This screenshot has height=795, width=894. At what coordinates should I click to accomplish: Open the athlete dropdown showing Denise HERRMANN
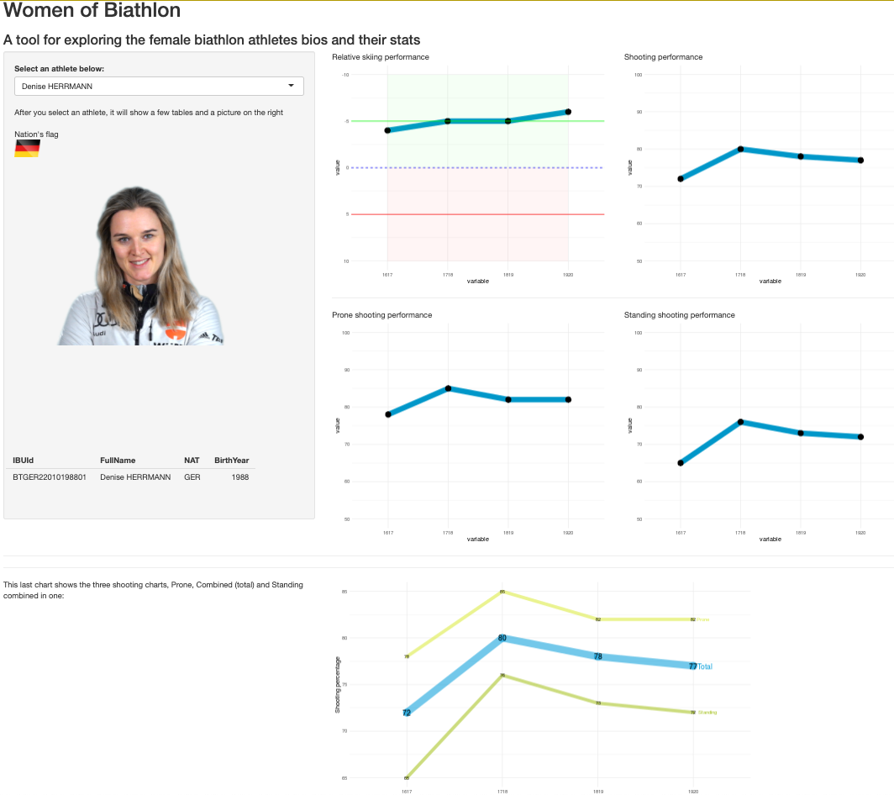(x=159, y=86)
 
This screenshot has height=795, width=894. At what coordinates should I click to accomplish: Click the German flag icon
(x=27, y=149)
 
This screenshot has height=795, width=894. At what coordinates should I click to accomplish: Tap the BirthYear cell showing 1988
(x=239, y=477)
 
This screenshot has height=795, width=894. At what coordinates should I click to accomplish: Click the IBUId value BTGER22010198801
(x=50, y=477)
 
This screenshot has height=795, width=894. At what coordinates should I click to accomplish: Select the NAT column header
(x=191, y=461)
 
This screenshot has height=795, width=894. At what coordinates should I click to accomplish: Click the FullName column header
(x=118, y=461)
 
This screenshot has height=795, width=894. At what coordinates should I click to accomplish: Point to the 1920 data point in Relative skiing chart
(x=568, y=112)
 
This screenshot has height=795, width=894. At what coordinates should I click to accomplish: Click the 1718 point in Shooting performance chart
(x=740, y=149)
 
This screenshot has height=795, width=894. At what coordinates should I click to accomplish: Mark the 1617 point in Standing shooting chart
(x=681, y=463)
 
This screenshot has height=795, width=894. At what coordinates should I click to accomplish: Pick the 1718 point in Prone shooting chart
(x=448, y=388)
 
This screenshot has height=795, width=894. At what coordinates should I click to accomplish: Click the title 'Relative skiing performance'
(x=381, y=57)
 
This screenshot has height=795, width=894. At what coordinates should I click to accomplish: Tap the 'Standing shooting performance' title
(x=679, y=315)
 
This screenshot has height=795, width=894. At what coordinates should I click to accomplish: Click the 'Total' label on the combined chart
(x=705, y=666)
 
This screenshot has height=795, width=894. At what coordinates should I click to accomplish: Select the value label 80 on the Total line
(x=502, y=638)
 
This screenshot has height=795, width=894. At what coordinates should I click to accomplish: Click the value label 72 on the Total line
(x=407, y=713)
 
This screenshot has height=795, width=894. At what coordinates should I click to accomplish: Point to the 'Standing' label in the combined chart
(x=707, y=713)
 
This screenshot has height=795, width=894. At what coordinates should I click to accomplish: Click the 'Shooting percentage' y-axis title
(x=338, y=685)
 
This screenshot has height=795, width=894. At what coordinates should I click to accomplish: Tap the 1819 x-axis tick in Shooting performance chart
(x=801, y=275)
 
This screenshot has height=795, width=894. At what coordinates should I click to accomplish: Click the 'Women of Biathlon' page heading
(x=92, y=12)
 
